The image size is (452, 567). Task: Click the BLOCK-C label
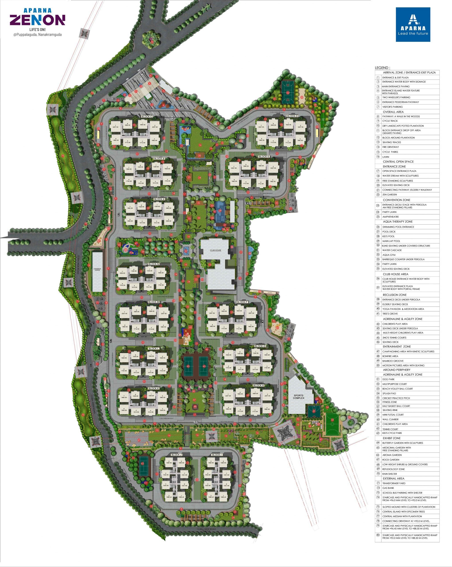pos(147,117)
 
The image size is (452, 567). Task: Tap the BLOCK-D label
pos(292,116)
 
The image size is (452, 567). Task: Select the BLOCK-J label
pos(177,455)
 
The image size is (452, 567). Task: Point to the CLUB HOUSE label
pos(216,250)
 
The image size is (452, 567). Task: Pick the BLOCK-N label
pos(154,264)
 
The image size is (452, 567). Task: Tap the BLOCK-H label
pos(259,385)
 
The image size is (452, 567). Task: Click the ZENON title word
pos(38,20)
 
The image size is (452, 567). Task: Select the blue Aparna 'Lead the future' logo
pos(413,24)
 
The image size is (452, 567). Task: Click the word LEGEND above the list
pos(382,68)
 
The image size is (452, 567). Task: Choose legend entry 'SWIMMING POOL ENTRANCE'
pos(398,227)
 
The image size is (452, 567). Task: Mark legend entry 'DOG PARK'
pos(388,379)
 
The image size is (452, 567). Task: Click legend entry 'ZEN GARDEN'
pos(390,195)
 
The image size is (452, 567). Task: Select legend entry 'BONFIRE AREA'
pos(390,356)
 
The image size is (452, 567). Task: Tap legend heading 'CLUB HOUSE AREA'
pos(395,274)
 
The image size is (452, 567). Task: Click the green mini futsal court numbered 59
pos(332,420)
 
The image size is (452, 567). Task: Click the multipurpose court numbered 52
pos(288,93)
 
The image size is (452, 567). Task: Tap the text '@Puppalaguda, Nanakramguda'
pos(38,35)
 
